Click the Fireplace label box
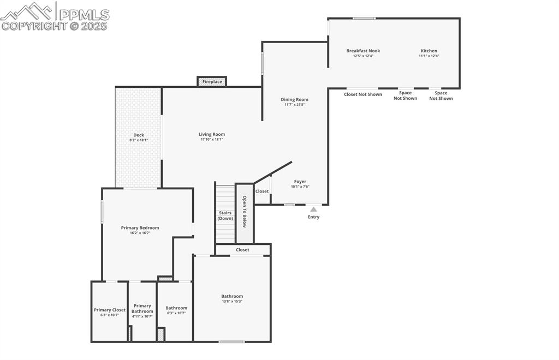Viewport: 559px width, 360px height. [212, 82]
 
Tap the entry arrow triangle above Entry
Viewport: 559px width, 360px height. [313, 209]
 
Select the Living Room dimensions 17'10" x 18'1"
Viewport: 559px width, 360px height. [212, 140]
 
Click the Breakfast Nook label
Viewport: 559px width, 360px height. [363, 51]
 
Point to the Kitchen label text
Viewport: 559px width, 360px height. [429, 51]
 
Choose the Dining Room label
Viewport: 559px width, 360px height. [295, 99]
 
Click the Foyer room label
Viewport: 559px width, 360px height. [300, 182]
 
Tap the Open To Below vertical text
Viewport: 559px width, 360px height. [245, 212]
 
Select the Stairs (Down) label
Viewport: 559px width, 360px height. [225, 215]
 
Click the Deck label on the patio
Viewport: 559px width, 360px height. [139, 135]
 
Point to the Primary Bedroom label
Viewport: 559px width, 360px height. [140, 227]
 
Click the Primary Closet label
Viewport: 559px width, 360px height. [109, 310]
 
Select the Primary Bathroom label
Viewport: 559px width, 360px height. [142, 308]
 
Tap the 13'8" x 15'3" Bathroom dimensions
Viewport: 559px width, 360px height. [232, 301]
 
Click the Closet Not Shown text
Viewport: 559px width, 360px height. [363, 94]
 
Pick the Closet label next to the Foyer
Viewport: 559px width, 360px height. [262, 191]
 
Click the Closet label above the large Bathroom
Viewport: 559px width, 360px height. [242, 250]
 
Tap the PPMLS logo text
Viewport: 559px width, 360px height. [84, 14]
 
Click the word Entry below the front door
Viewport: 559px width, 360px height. [313, 217]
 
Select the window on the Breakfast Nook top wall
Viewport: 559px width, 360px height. [364, 19]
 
